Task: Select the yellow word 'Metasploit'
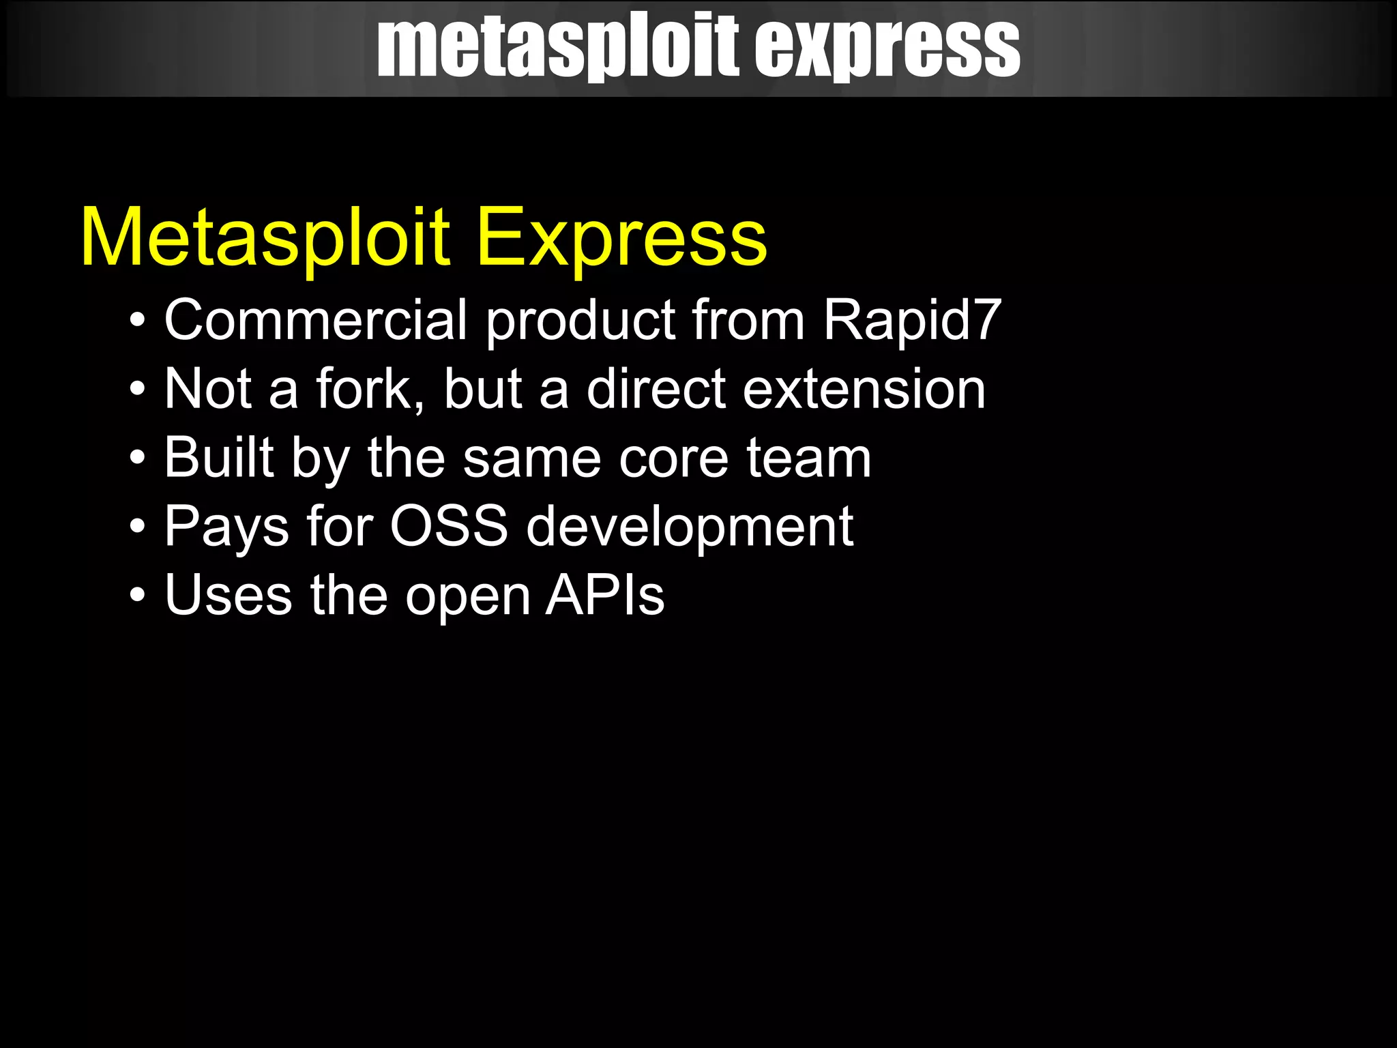point(265,237)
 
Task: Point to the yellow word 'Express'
point(621,237)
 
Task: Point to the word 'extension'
point(864,389)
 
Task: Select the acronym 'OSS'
point(449,526)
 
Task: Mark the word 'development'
point(690,527)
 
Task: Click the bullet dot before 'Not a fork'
point(138,390)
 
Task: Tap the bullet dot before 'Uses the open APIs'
point(138,595)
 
